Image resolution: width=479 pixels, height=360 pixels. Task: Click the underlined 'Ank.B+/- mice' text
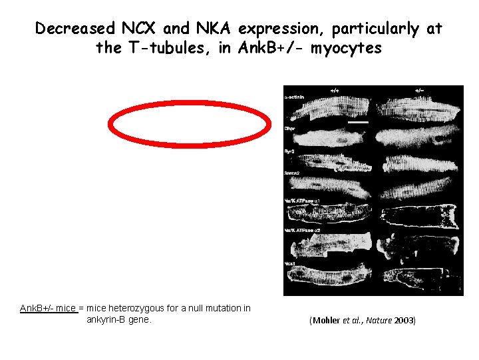coord(48,309)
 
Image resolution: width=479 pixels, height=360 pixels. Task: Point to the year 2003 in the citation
coord(403,321)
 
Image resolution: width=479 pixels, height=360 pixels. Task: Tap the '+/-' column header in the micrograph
coord(420,90)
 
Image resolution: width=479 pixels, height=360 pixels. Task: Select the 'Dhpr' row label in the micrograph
coord(290,129)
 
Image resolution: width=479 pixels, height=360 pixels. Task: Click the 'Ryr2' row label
coord(290,151)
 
